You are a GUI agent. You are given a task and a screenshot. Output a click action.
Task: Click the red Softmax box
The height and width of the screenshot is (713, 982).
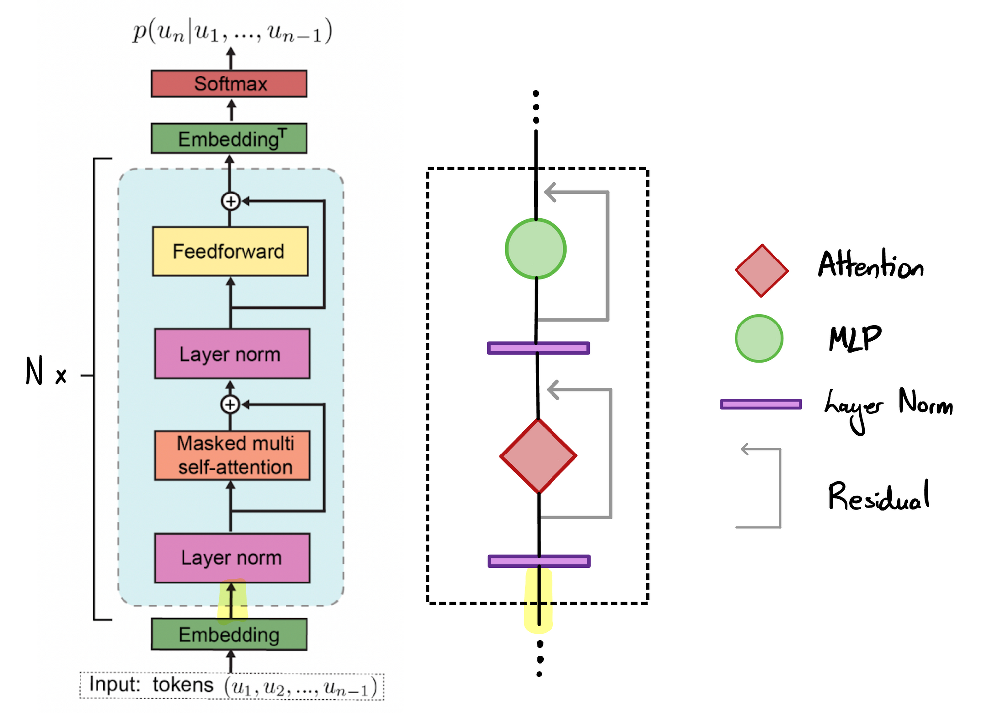[x=229, y=83]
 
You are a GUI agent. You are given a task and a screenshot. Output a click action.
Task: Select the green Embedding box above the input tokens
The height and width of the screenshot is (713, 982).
[x=229, y=634]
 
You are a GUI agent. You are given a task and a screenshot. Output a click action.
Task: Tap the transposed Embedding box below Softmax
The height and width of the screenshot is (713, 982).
[x=229, y=138]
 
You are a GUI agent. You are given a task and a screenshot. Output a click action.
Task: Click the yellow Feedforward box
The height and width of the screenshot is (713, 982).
[x=230, y=251]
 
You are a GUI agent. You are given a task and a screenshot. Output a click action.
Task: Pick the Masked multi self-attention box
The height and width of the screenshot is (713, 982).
[x=232, y=455]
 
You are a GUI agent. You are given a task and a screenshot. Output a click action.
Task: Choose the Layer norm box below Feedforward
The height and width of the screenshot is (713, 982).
[x=232, y=354]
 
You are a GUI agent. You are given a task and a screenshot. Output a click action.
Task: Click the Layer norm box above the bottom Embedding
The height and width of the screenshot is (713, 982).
[x=232, y=558]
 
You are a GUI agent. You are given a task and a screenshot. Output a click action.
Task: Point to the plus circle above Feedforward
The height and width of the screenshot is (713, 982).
[x=230, y=201]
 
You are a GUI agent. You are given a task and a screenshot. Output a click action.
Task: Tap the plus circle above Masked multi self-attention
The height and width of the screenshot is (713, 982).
[x=230, y=404]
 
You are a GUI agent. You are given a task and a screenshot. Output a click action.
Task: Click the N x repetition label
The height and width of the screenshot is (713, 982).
[x=46, y=372]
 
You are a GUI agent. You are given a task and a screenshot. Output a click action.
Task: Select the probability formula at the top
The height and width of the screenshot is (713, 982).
[x=232, y=32]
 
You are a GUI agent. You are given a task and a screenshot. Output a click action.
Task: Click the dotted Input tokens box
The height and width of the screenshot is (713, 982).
[x=232, y=686]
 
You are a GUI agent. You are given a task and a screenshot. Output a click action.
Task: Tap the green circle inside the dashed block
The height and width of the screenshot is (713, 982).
[x=536, y=249]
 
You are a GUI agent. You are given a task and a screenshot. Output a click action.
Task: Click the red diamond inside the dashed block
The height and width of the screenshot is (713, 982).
[x=538, y=455]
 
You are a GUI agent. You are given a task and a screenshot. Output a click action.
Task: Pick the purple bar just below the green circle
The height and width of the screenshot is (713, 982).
[x=538, y=348]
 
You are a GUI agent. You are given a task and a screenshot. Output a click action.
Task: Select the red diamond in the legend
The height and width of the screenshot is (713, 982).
[x=761, y=270]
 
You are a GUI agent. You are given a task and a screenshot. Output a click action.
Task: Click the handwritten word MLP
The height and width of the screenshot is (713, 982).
[x=855, y=339]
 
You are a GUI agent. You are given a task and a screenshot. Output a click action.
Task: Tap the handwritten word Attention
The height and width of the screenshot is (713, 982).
[x=871, y=265]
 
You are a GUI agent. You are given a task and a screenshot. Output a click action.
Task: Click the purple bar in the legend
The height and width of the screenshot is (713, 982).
[x=761, y=404]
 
